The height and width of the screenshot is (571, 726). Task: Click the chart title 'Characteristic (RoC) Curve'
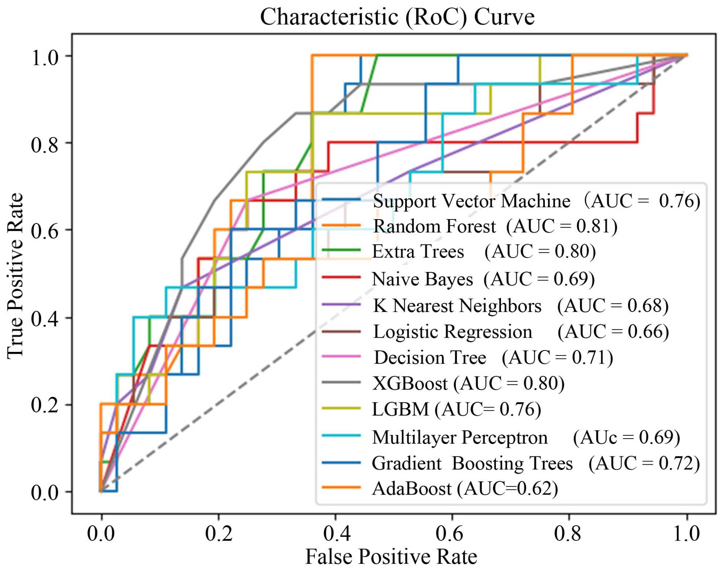pyautogui.click(x=397, y=17)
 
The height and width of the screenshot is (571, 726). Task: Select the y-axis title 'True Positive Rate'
pyautogui.click(x=15, y=276)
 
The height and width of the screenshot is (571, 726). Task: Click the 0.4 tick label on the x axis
pyautogui.click(x=336, y=533)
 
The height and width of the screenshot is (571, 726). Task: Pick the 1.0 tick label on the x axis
pyautogui.click(x=686, y=533)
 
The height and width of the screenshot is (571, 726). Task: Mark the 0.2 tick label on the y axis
pyautogui.click(x=45, y=405)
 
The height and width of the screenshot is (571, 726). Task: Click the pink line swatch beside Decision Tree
pyautogui.click(x=341, y=357)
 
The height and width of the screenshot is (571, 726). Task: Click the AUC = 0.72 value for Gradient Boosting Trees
pyautogui.click(x=644, y=463)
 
